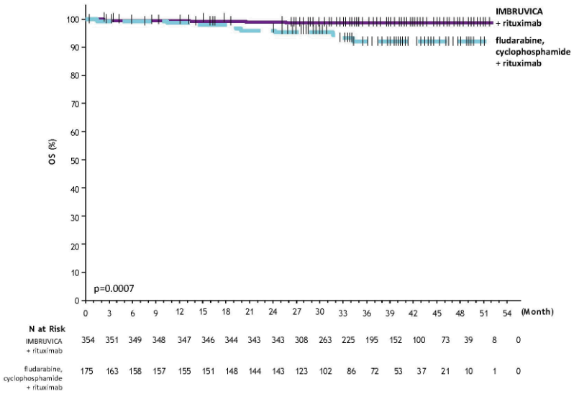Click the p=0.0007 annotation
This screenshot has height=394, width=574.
tap(114, 289)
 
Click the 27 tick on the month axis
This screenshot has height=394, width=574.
tap(296, 313)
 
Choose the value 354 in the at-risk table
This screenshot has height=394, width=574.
tap(87, 339)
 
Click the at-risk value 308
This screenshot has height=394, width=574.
tap(296, 339)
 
